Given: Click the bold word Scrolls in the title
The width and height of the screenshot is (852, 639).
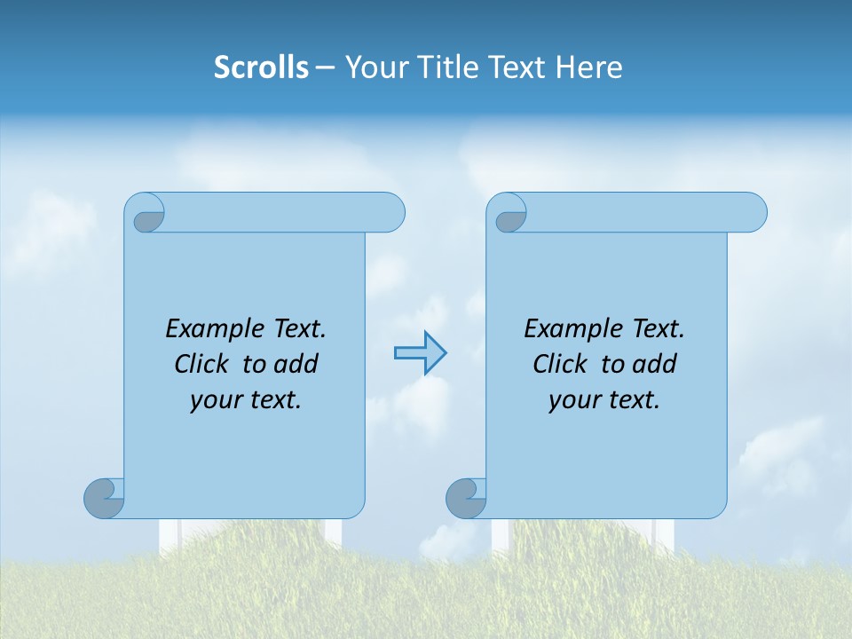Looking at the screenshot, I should click(261, 67).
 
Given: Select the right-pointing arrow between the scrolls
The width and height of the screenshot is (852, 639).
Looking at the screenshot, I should click(421, 353).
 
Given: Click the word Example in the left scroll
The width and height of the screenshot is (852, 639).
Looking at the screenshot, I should click(206, 329).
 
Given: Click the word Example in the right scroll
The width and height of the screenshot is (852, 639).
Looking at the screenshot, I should click(564, 329).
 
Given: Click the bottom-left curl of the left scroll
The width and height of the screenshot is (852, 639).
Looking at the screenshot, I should click(104, 498).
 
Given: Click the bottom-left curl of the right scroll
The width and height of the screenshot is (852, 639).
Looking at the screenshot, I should click(466, 498).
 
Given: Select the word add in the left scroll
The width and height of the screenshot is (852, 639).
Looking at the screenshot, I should click(296, 364).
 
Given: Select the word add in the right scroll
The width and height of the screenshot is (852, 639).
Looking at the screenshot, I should click(655, 364).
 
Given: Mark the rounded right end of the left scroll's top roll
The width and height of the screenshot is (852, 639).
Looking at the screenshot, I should click(394, 212).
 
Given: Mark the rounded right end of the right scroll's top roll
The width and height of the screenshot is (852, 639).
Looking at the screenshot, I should click(756, 212).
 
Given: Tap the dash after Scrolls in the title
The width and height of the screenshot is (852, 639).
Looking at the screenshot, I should click(325, 67).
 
